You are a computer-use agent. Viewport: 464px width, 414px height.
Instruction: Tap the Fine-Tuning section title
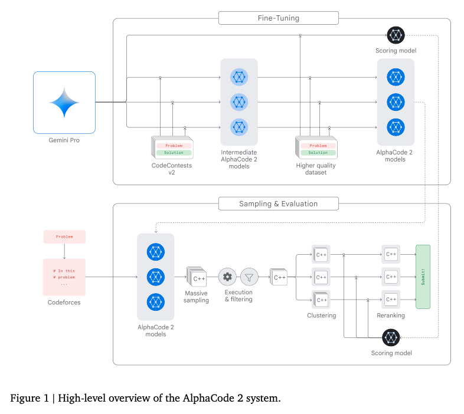point(279,18)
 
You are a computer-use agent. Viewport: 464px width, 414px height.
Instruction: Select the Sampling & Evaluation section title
point(278,204)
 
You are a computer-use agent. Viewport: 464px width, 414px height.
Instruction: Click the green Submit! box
point(423,277)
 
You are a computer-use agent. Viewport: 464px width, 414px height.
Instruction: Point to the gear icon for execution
point(227,277)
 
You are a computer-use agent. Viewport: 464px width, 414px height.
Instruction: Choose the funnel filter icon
point(249,277)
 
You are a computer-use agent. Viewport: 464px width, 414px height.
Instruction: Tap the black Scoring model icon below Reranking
point(391,338)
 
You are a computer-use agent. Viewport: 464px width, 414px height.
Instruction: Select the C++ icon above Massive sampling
point(197,277)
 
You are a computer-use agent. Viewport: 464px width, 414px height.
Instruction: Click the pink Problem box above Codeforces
point(64,236)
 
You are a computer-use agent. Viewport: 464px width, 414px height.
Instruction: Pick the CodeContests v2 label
point(172,169)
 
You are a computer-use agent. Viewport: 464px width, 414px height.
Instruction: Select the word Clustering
point(322,316)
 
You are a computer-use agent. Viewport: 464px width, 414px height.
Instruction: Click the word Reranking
point(391,316)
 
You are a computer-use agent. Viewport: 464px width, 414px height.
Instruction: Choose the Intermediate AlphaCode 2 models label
point(239,159)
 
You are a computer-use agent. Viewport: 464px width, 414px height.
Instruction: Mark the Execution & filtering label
point(238,295)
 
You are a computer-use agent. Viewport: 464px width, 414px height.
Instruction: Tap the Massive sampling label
point(196,297)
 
